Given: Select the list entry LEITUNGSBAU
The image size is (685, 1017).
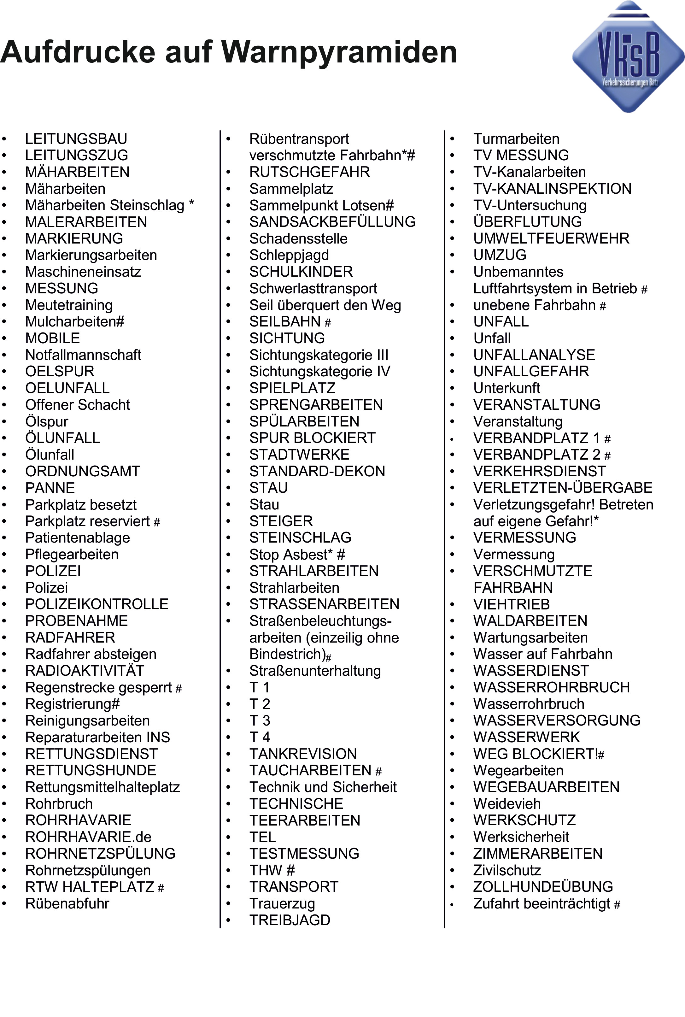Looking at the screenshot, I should (76, 139).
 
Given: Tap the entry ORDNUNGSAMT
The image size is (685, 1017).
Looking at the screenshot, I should (83, 471).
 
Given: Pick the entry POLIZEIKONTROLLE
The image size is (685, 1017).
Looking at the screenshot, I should (97, 604).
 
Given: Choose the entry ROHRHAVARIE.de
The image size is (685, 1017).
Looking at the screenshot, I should (88, 837).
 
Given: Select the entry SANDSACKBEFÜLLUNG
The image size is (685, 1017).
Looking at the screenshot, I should (332, 222).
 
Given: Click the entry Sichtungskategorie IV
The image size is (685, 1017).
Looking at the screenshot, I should (320, 371).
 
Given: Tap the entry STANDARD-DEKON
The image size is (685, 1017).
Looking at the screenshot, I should (317, 471).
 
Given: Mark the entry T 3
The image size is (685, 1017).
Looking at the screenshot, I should (260, 720).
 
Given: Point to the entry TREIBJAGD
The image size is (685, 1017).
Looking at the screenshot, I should (290, 920).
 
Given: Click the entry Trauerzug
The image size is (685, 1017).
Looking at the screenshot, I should (282, 903).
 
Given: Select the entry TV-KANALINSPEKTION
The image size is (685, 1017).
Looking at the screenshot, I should (552, 189).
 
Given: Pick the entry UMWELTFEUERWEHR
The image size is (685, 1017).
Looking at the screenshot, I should (551, 238).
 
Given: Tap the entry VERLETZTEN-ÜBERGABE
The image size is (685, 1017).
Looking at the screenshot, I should (563, 488).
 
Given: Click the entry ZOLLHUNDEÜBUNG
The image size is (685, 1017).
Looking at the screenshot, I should (543, 887).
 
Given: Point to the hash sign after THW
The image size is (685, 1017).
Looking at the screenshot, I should (290, 870).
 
